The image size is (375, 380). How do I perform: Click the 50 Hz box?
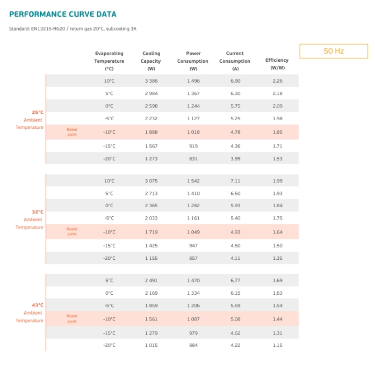pos(334,51)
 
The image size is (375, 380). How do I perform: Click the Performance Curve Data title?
pos(63,14)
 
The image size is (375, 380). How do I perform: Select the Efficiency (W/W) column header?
pos(277,64)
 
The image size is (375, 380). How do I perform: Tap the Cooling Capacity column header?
pos(151,61)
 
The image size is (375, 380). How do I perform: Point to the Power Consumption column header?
pos(193,61)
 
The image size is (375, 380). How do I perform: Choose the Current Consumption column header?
pos(235,61)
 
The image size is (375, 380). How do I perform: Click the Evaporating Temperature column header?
pos(109,61)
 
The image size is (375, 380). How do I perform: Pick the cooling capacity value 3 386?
pos(152,81)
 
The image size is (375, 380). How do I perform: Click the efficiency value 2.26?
pos(278,81)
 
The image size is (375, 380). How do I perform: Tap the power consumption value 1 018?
pos(193,132)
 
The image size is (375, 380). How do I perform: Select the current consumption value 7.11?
pos(235,181)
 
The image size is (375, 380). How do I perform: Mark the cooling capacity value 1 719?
pos(152,232)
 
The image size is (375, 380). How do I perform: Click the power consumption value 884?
pos(193,345)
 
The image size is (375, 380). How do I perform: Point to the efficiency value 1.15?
pos(278,345)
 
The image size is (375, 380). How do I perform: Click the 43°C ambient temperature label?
pos(30,312)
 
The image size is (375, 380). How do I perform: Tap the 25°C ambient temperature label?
pos(30,120)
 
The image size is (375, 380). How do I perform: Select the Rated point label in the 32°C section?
pos(72,231)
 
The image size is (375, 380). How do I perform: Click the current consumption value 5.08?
pos(235,319)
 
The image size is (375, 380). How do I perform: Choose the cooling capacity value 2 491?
pos(152,280)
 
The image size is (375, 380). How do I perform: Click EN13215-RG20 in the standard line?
pos(48,28)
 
